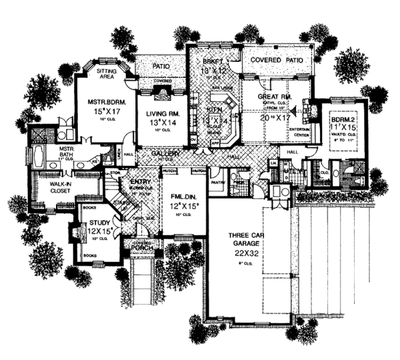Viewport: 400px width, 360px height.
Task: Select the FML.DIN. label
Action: click(183, 198)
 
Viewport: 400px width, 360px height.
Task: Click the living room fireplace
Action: click(161, 90)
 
